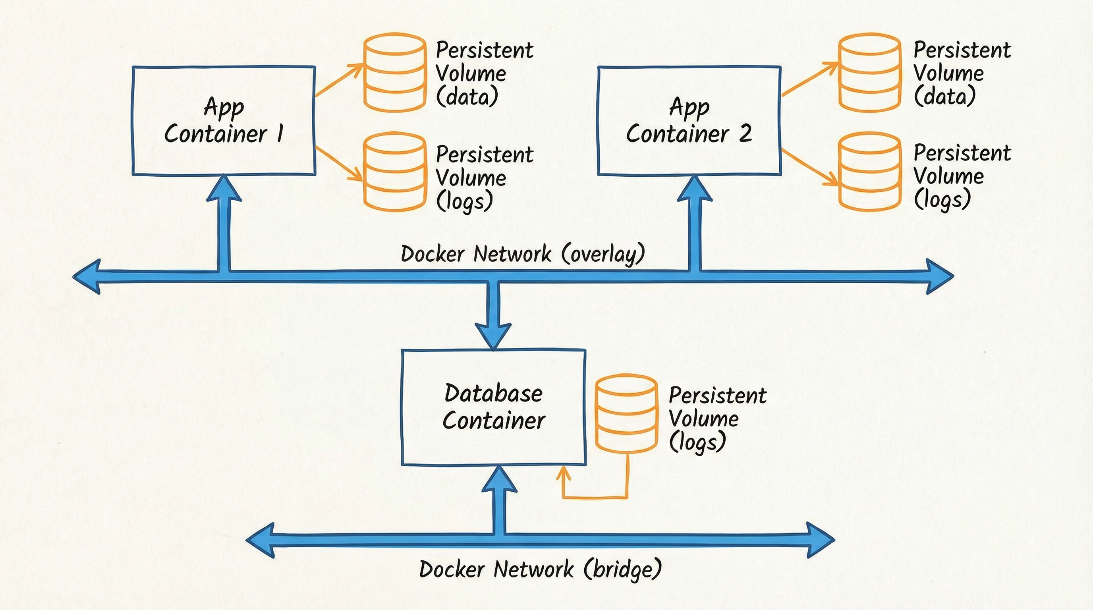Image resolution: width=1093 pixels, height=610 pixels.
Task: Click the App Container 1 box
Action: tap(224, 120)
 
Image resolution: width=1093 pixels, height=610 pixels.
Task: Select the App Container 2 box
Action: tap(689, 120)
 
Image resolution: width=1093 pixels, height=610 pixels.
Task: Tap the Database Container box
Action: tap(493, 407)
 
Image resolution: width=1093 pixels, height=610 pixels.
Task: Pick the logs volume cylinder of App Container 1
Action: tap(395, 172)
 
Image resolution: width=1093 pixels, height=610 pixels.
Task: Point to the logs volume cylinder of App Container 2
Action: tap(870, 172)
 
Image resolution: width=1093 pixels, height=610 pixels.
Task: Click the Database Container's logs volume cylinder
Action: tap(626, 413)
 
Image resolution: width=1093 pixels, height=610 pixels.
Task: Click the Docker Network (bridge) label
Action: tap(540, 569)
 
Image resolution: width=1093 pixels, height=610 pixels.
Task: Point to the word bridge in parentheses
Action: tap(622, 569)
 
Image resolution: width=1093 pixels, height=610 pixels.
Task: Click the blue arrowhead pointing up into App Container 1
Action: tap(224, 189)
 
